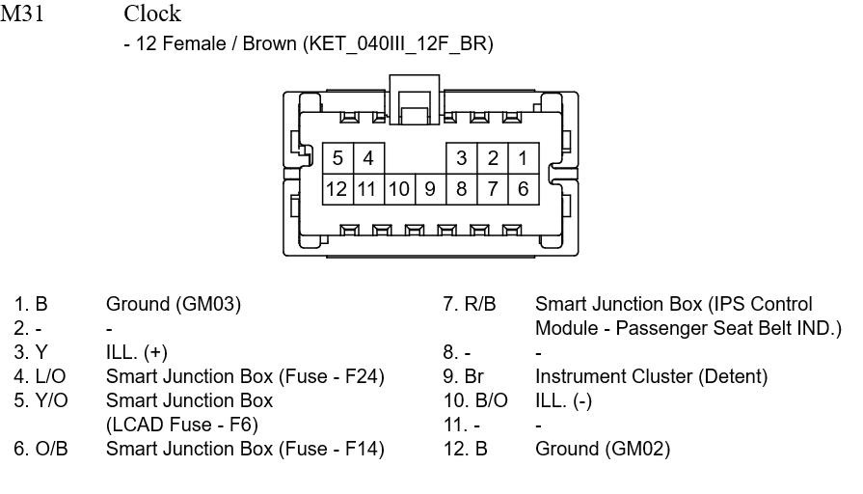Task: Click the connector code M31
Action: pyautogui.click(x=21, y=14)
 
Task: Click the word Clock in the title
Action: pyautogui.click(x=152, y=14)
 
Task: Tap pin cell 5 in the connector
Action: pyautogui.click(x=337, y=158)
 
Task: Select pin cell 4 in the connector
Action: pyautogui.click(x=367, y=158)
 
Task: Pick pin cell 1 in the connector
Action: pyautogui.click(x=523, y=158)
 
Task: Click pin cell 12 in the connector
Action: pyautogui.click(x=337, y=189)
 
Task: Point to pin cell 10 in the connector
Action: pyautogui.click(x=399, y=189)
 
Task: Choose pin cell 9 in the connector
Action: pyautogui.click(x=430, y=189)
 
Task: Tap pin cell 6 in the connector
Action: pyautogui.click(x=523, y=189)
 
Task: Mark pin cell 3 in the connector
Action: pyautogui.click(x=462, y=158)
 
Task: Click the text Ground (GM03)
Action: pyautogui.click(x=174, y=304)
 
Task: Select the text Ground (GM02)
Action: pyautogui.click(x=603, y=449)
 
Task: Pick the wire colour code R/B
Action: pyautogui.click(x=480, y=304)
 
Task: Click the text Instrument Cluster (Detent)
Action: pyautogui.click(x=651, y=376)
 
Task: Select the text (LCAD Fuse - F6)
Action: pyautogui.click(x=182, y=425)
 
